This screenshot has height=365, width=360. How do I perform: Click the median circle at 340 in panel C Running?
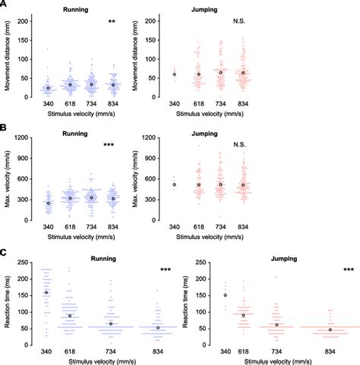[46, 292]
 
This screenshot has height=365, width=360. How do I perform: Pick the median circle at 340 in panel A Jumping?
[175, 74]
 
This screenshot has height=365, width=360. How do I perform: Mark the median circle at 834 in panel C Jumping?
[330, 329]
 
